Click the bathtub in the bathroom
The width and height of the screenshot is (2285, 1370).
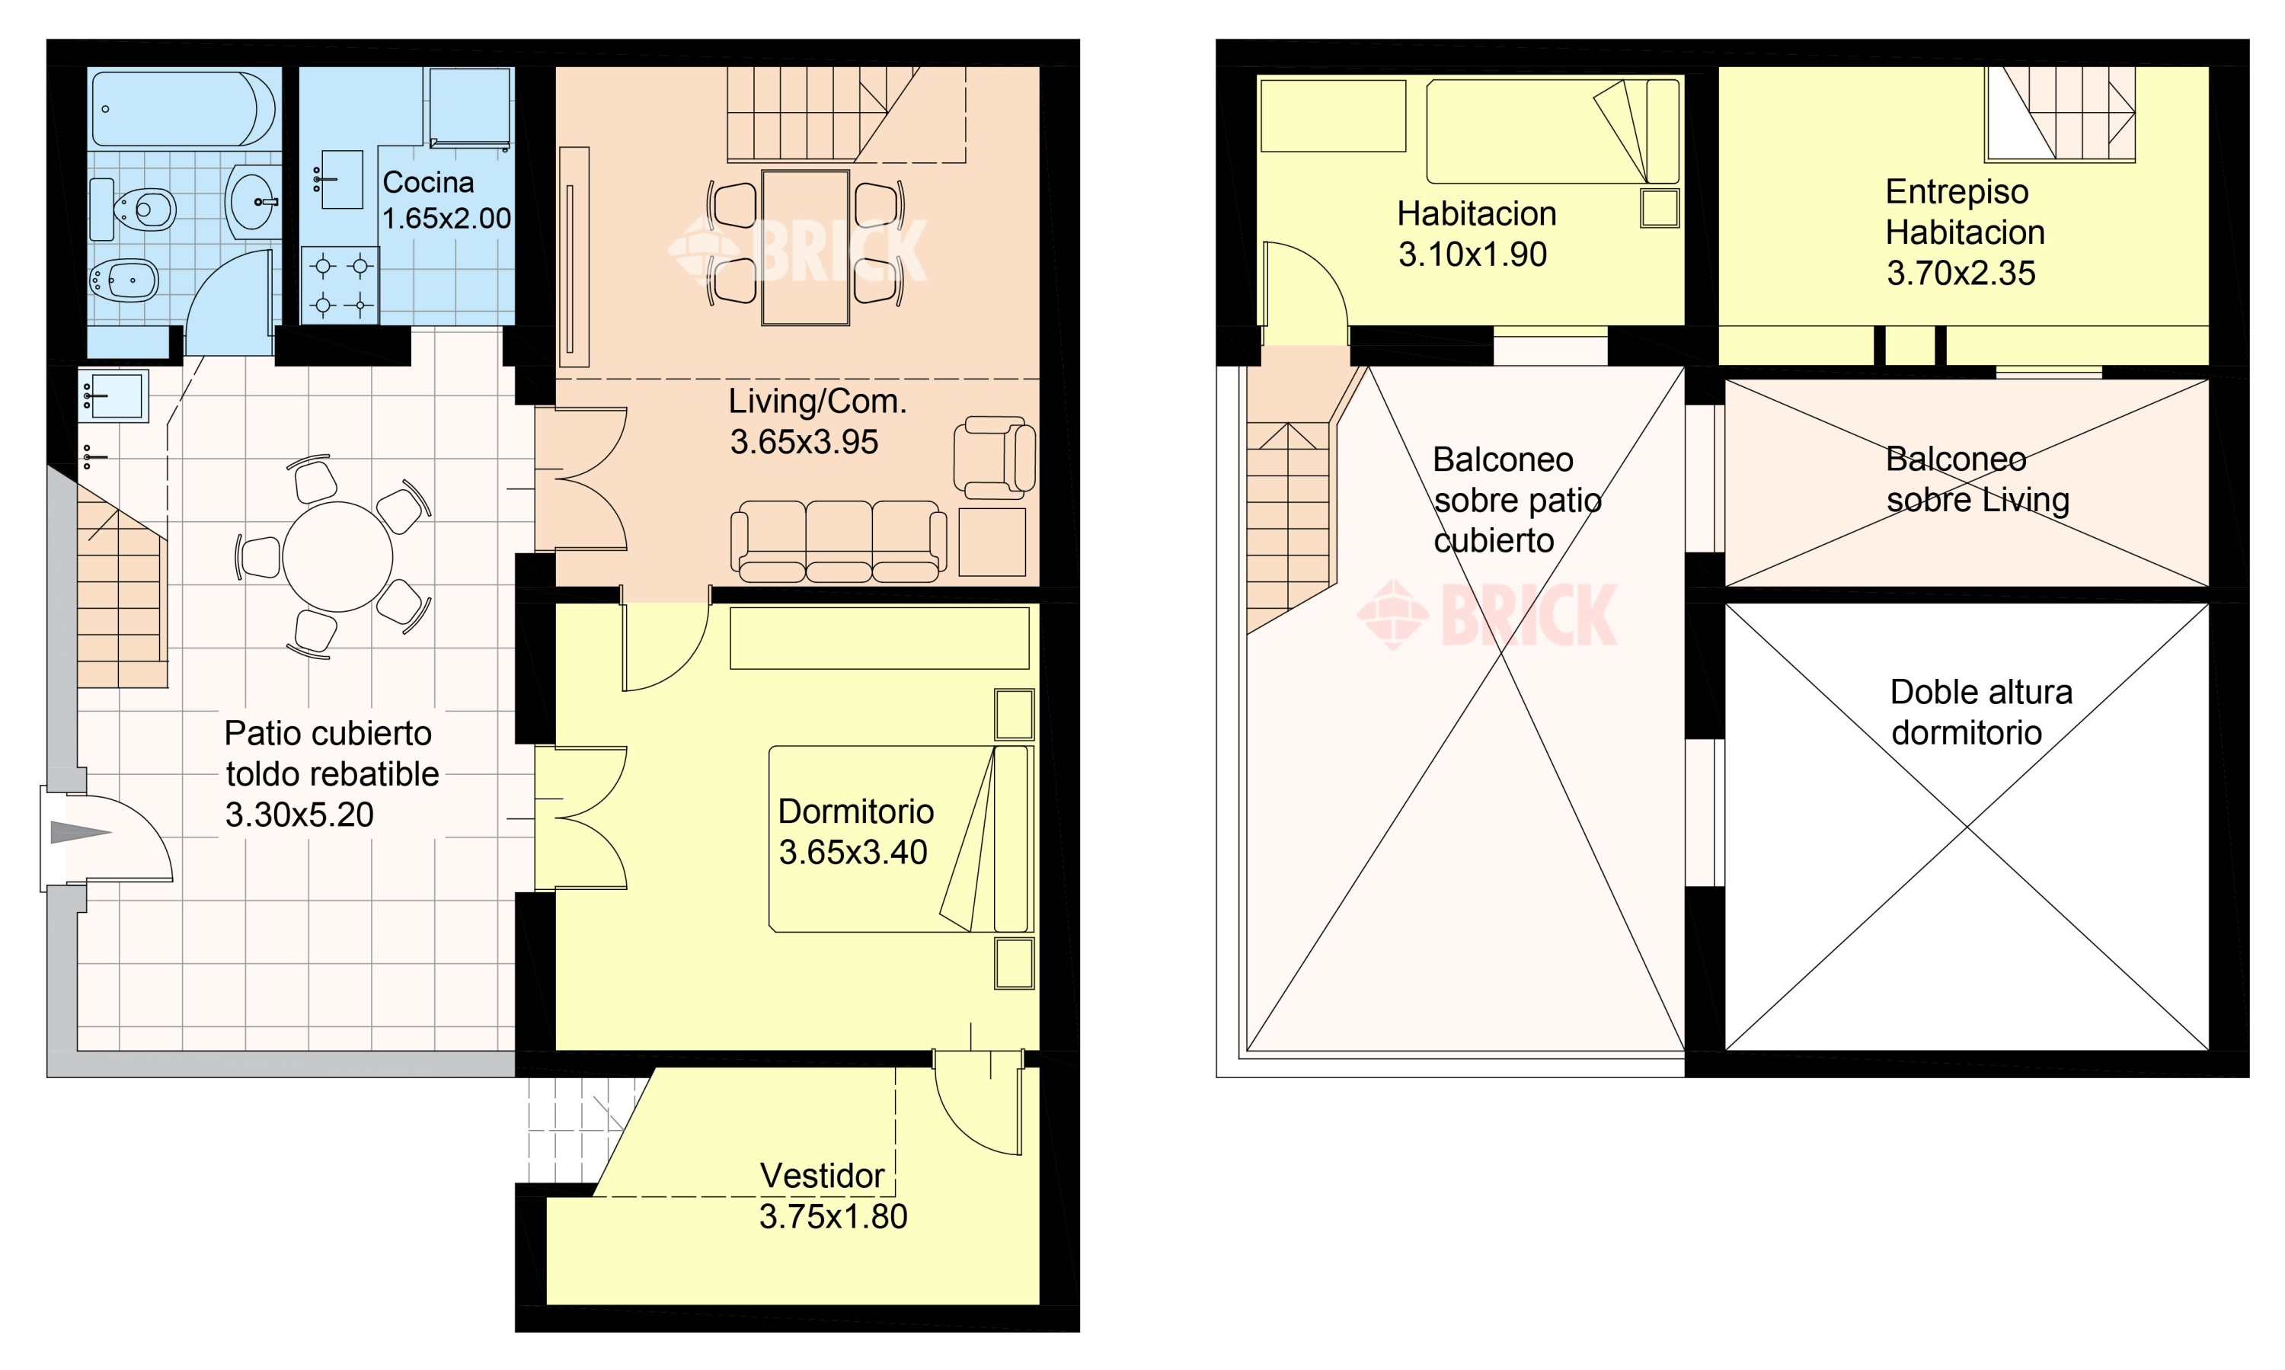click(x=184, y=109)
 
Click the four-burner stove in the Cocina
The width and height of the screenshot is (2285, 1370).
click(x=340, y=284)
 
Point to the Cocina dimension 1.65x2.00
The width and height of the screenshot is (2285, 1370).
click(x=446, y=219)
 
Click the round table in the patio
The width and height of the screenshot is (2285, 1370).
click(x=337, y=557)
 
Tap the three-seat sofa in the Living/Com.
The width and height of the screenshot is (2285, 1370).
click(x=839, y=541)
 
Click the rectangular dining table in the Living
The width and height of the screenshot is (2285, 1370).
click(x=806, y=248)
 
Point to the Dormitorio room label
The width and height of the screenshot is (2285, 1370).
click(x=855, y=811)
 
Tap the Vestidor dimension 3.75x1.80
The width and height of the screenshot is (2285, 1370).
click(x=833, y=1217)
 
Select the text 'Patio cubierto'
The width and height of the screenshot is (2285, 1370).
click(x=328, y=734)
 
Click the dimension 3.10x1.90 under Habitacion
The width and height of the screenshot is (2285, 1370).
click(x=1472, y=254)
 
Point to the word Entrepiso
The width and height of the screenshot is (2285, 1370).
click(x=1957, y=192)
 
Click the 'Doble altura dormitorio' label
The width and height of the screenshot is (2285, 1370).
click(x=1980, y=712)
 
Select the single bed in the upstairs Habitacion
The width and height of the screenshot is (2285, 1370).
click(x=1552, y=130)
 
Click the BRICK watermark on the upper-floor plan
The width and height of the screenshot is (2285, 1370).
click(x=1488, y=614)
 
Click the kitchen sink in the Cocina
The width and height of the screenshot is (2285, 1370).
click(x=340, y=180)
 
